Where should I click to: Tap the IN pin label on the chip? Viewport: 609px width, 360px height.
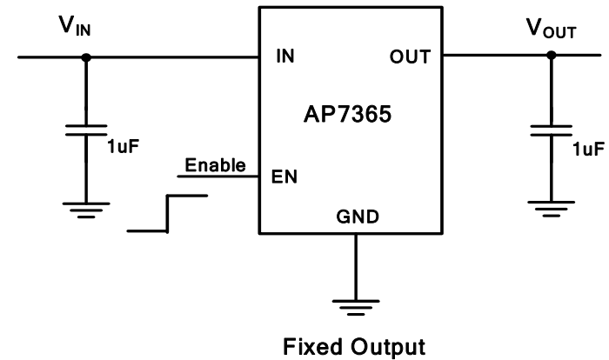point(284,57)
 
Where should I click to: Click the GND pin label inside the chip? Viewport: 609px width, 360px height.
point(355,218)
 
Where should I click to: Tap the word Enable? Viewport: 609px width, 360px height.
point(216,164)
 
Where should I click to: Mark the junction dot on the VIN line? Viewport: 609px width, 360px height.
point(85,57)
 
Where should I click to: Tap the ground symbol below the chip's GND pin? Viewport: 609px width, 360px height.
point(355,306)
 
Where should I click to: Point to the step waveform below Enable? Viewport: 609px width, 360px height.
point(167,213)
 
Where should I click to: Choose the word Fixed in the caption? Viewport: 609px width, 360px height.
point(312,348)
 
